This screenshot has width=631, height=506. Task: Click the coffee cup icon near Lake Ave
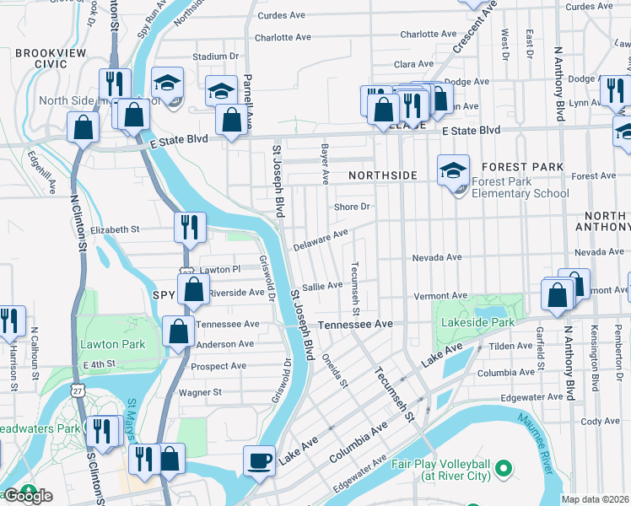coord(259,461)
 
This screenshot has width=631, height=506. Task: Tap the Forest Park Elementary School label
coord(515,187)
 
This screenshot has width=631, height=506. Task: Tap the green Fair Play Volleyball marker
coord(504,466)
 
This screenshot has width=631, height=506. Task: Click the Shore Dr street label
coord(352,207)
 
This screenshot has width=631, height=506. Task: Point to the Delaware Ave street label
coord(321,240)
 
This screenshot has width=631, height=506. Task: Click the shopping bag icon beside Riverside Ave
coord(194,289)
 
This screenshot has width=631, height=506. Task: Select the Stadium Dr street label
coord(211,57)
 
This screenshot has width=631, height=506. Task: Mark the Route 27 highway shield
coord(78,391)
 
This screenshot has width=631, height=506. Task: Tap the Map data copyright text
coord(595,499)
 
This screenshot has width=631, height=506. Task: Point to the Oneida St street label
coord(335,369)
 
